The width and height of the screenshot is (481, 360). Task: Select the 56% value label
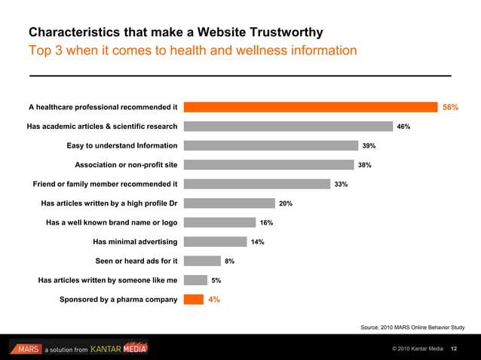pos(451,108)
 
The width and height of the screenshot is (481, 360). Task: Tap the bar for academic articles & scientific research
pos(288,127)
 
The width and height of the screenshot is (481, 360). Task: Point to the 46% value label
pos(403,127)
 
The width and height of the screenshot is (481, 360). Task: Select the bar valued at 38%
pos(268,165)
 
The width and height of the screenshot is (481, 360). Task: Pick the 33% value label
pos(341,185)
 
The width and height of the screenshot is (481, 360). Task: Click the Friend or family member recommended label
pos(105,184)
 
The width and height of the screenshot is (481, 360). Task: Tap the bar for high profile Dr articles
pos(229,203)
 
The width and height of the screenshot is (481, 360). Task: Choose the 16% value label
pos(266,223)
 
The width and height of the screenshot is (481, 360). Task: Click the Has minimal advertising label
pos(135,242)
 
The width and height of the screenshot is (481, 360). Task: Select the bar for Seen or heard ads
pos(202,261)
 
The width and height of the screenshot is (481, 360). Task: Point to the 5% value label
pos(216,280)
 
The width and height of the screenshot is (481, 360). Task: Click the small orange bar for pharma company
pos(194,299)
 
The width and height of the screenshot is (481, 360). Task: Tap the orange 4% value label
pos(214,300)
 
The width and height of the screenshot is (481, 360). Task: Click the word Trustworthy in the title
pos(280,32)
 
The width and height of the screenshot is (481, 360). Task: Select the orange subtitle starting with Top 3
pos(192,50)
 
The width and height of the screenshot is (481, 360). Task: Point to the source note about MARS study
pos(412,328)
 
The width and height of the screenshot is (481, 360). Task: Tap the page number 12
pos(454,349)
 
